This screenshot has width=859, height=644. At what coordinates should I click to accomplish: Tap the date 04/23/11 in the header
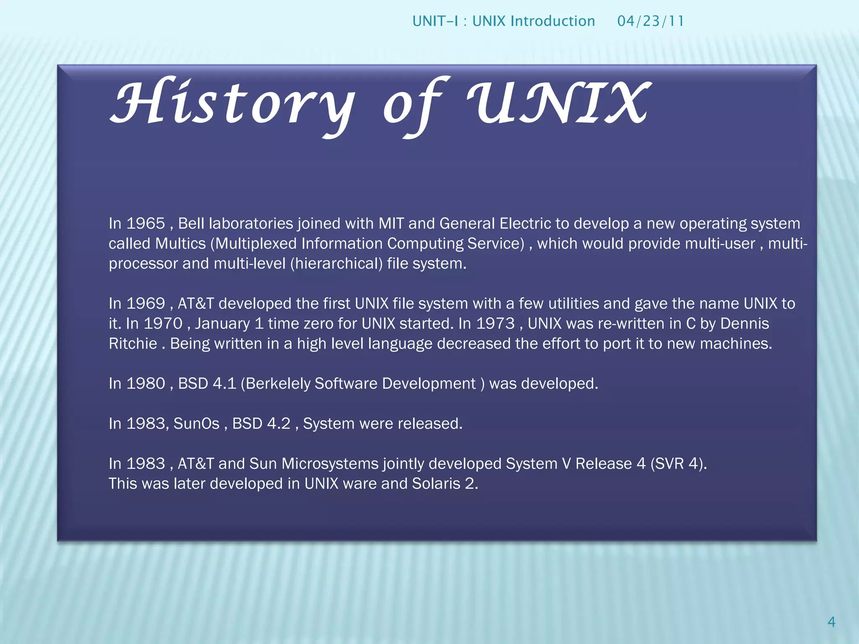[x=651, y=21]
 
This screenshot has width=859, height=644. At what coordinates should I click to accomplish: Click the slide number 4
[x=831, y=622]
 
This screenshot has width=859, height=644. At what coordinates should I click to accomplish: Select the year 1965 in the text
[x=146, y=223]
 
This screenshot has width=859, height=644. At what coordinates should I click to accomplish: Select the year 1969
[x=146, y=304]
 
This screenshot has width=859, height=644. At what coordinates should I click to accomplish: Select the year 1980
[x=146, y=384]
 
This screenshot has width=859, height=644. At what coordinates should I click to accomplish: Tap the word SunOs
[x=196, y=423]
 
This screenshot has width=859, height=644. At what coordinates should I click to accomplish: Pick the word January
[x=222, y=324]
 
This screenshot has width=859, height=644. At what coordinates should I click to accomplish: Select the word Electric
[x=525, y=223]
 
